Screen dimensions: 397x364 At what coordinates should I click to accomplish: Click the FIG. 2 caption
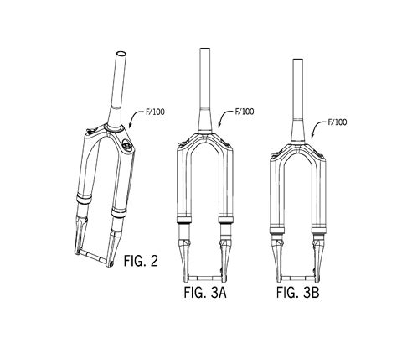tap(141, 261)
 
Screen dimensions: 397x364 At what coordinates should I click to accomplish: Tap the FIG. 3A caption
tap(205, 293)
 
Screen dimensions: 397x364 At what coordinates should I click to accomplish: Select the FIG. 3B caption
tap(297, 293)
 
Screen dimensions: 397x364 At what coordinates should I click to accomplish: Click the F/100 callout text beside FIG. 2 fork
tap(155, 112)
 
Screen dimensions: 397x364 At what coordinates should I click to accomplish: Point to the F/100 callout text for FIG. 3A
tap(245, 112)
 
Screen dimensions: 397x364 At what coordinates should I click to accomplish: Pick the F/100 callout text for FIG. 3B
tap(338, 122)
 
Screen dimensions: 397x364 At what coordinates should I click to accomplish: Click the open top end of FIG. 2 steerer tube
tap(121, 54)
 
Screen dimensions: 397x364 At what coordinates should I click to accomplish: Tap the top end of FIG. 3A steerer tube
tap(205, 49)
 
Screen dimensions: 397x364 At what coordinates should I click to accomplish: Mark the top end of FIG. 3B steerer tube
tap(297, 60)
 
